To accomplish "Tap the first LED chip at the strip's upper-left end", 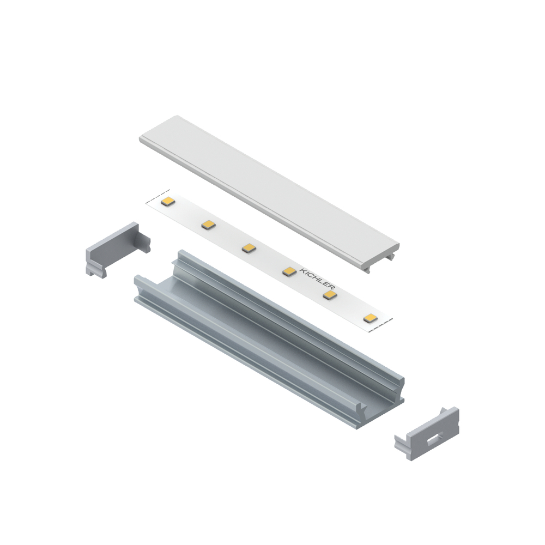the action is click(x=168, y=202).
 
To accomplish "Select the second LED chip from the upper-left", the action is click(x=208, y=225).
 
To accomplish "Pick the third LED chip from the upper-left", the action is click(x=249, y=248).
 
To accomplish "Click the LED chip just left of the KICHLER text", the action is click(x=289, y=271).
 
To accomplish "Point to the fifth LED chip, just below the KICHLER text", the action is click(x=330, y=295).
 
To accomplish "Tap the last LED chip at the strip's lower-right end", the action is click(x=370, y=318).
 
